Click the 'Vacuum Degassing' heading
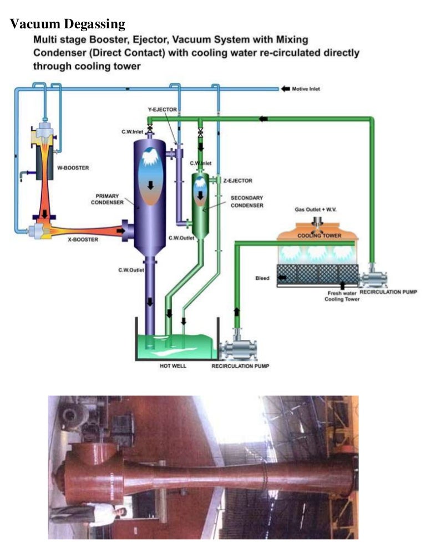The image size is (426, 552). coord(68,24)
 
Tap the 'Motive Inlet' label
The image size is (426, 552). coord(306,89)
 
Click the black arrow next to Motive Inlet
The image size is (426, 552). coord(285,89)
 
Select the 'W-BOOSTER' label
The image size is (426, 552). coord(72,167)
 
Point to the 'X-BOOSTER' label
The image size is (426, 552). coord(83,240)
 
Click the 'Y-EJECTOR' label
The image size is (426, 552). coord(162,109)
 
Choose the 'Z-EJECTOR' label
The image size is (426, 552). coord(238,180)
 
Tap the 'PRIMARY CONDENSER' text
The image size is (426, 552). coord(107,199)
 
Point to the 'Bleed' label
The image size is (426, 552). coord(262,278)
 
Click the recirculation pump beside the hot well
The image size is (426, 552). coord(236,349)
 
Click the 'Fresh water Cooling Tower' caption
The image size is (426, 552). coord(341,296)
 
